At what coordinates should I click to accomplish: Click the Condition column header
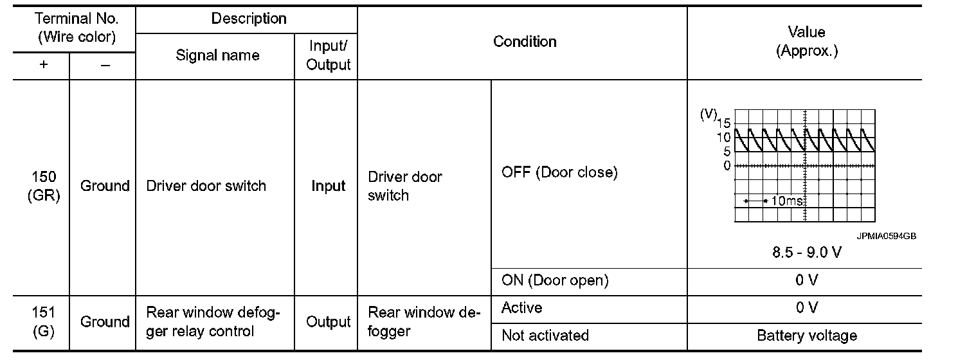click(524, 42)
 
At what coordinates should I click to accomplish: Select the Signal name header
click(217, 56)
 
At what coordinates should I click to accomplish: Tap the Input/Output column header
click(328, 56)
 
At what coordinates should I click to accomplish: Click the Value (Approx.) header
click(806, 42)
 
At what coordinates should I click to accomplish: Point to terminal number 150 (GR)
click(43, 186)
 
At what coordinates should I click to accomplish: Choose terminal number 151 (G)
click(43, 322)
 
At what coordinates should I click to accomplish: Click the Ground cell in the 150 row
click(104, 186)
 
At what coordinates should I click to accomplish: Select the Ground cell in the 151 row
click(104, 322)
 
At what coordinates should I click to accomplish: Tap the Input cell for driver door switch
click(328, 186)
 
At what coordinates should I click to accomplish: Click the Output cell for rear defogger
click(328, 322)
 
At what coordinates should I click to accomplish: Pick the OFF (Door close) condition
click(559, 173)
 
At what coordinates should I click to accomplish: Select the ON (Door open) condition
click(554, 280)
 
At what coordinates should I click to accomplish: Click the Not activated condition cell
click(545, 336)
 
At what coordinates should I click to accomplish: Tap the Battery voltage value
click(806, 336)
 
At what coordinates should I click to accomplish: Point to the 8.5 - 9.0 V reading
click(806, 252)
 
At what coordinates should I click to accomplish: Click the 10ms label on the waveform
click(786, 201)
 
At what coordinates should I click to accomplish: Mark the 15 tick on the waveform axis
click(723, 123)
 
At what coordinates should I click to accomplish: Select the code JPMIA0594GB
click(885, 236)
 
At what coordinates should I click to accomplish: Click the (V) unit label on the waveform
click(709, 114)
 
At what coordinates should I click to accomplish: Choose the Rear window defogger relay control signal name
click(213, 322)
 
